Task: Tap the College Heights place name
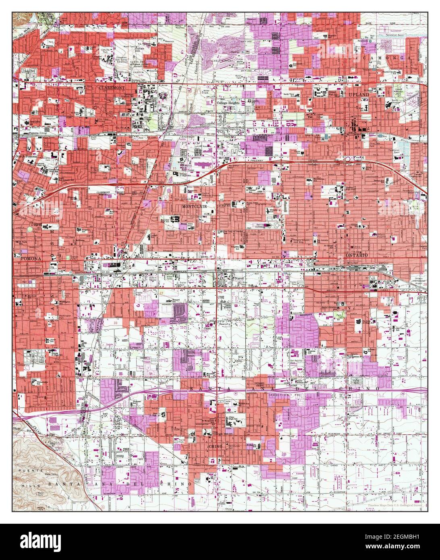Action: pos(228,103)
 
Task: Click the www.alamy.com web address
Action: pos(407,546)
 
